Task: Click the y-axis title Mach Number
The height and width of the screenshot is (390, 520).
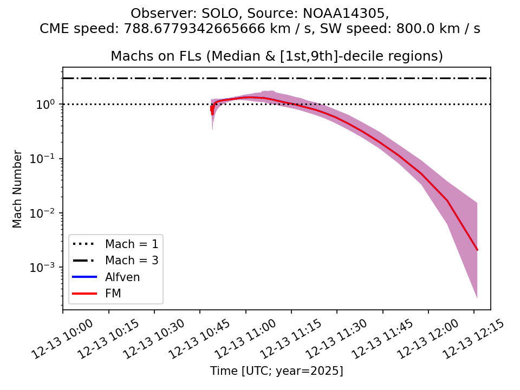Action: (18, 189)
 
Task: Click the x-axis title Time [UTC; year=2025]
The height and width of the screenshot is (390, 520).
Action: (277, 371)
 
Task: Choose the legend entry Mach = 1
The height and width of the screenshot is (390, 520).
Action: (132, 244)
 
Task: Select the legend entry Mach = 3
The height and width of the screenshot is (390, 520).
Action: (132, 261)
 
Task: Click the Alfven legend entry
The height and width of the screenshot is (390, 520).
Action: (122, 277)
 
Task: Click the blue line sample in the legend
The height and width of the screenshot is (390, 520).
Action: (84, 277)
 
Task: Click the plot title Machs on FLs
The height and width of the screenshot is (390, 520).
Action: (277, 56)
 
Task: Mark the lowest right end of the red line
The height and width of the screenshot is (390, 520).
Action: (477, 250)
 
